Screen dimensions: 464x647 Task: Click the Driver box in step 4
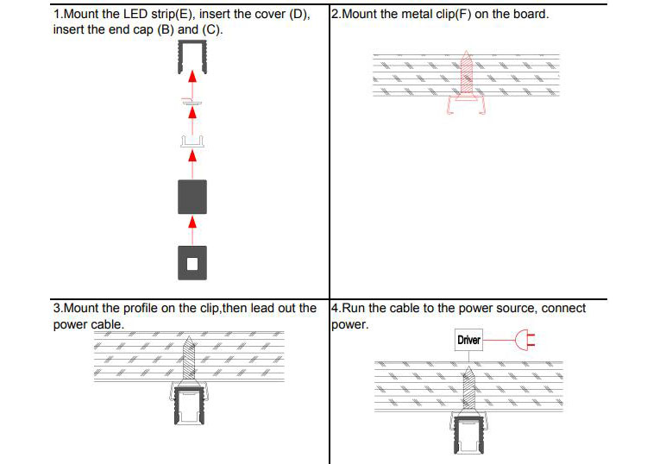point(468,340)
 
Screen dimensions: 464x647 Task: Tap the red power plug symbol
point(524,340)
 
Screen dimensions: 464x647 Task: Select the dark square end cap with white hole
point(192,262)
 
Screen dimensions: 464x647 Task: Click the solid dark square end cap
point(192,197)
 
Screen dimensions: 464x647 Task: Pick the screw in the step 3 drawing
point(192,358)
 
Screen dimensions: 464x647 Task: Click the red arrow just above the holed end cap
point(192,223)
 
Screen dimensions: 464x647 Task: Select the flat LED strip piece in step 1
point(192,102)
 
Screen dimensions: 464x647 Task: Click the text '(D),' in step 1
point(293,15)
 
